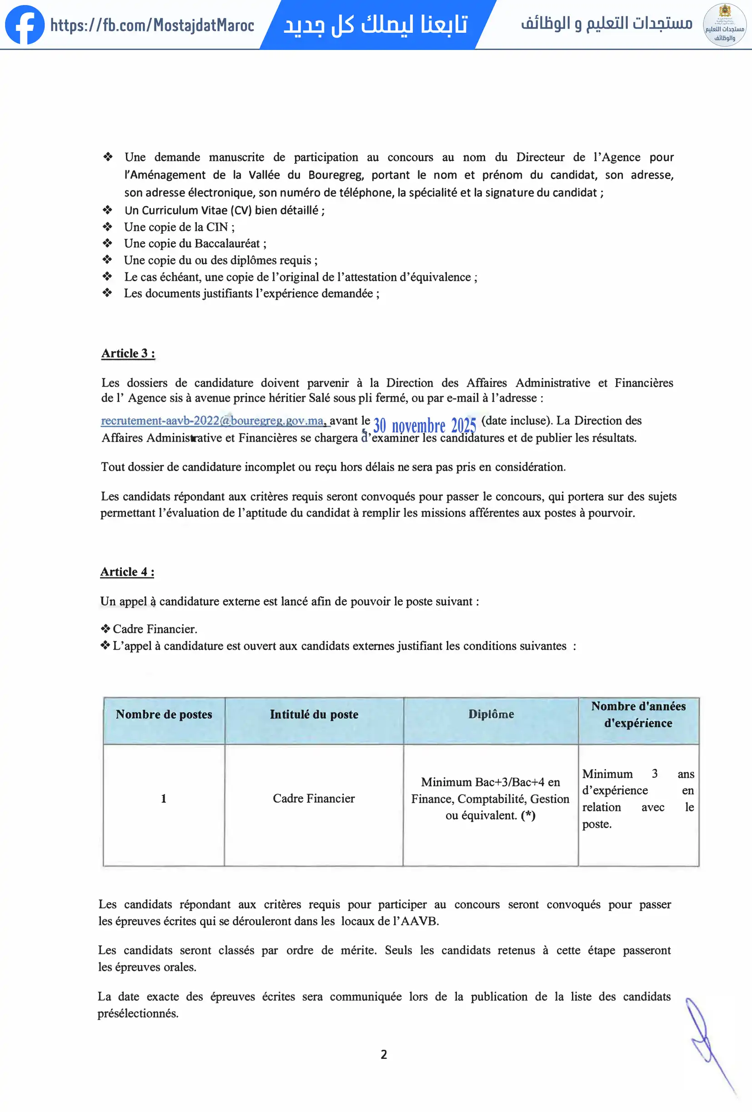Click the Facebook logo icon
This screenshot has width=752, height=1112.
(x=25, y=25)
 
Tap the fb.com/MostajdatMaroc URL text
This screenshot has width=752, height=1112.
(x=152, y=25)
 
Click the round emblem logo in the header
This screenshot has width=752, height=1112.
(x=724, y=25)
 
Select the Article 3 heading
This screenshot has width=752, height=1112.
(x=128, y=353)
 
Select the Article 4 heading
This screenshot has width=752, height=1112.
(x=127, y=572)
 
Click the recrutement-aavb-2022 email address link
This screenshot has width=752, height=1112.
(x=213, y=421)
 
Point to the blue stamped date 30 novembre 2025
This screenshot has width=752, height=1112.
(x=424, y=425)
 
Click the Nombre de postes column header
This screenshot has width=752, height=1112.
(x=164, y=715)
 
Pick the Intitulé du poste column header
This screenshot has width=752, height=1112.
(x=314, y=715)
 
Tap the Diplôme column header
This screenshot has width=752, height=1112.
(x=491, y=715)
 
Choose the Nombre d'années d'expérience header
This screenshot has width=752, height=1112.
(x=638, y=715)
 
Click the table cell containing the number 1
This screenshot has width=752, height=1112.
(x=164, y=799)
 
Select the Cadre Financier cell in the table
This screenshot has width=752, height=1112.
(x=314, y=799)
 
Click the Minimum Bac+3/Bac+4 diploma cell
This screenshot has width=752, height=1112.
(x=490, y=799)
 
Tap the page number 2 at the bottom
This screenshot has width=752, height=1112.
(x=384, y=1055)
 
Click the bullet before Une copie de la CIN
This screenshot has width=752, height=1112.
(x=107, y=226)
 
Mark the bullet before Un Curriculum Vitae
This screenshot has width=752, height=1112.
(x=107, y=209)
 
